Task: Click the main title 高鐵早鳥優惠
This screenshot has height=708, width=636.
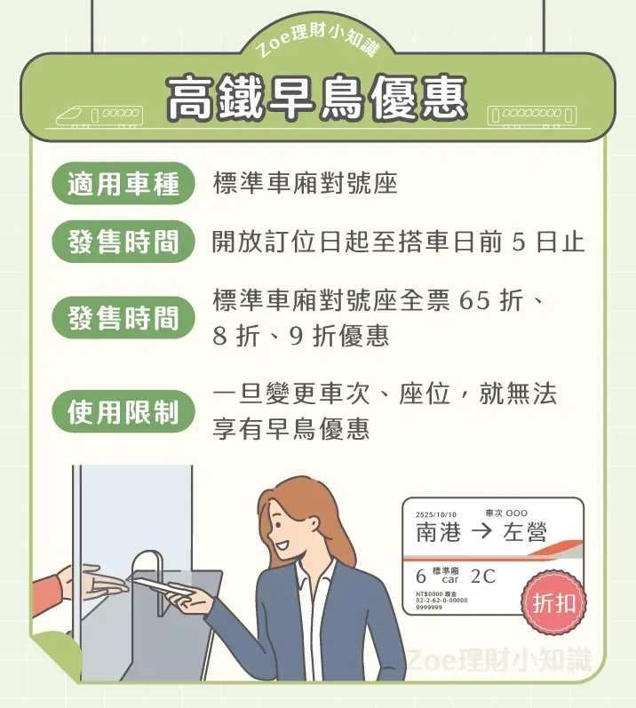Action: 316,98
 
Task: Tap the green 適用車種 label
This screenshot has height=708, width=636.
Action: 123,184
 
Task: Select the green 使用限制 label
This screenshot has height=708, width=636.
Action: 123,412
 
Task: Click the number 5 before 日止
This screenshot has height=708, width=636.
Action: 520,243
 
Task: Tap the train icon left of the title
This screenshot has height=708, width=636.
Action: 99,115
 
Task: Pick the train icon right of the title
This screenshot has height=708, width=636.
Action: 532,115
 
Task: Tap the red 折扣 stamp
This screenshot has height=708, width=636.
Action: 553,604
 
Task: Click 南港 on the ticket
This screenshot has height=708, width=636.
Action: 439,533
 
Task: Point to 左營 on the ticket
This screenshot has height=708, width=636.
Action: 525,533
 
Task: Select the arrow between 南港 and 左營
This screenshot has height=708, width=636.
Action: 481,533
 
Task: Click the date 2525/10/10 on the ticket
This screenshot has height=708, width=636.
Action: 435,514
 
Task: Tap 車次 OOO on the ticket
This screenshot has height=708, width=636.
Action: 506,513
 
